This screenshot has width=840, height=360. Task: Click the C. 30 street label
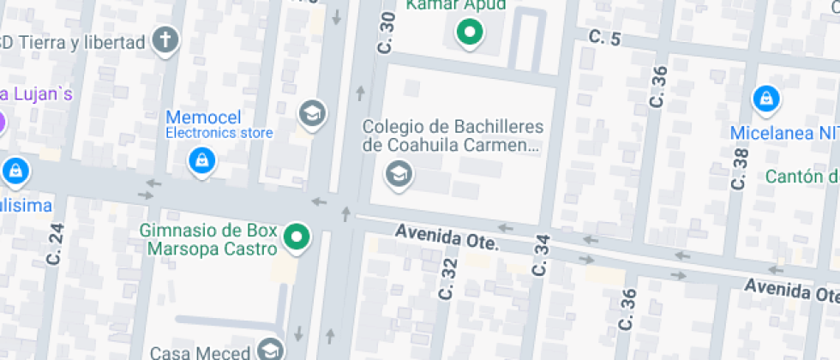pyautogui.click(x=387, y=33)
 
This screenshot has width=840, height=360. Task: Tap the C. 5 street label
pyautogui.click(x=603, y=37)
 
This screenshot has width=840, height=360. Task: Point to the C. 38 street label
pyautogui.click(x=741, y=168)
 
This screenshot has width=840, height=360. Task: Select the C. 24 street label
pyautogui.click(x=57, y=243)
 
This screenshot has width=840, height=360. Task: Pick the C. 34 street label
pyautogui.click(x=540, y=255)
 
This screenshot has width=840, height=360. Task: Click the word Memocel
pyautogui.click(x=203, y=117)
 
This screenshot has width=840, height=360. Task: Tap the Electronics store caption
pyautogui.click(x=219, y=133)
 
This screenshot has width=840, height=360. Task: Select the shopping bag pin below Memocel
pyautogui.click(x=201, y=159)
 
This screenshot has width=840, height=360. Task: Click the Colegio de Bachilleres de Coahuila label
pyautogui.click(x=453, y=135)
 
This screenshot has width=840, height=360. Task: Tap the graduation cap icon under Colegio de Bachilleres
pyautogui.click(x=399, y=175)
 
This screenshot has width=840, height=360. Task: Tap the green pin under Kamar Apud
pyautogui.click(x=469, y=33)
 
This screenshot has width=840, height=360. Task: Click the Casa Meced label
pyautogui.click(x=201, y=352)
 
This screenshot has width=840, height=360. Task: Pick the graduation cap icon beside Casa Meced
pyautogui.click(x=270, y=350)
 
